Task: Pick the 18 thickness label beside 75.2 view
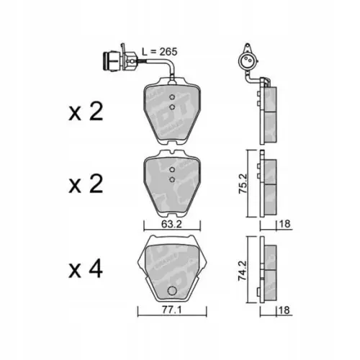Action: pyautogui.click(x=285, y=223)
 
